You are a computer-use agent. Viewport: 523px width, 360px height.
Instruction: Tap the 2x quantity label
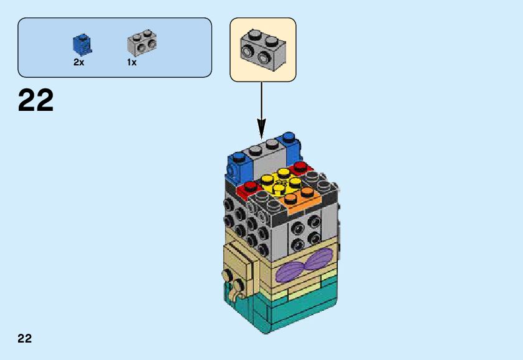pyautogui.click(x=79, y=62)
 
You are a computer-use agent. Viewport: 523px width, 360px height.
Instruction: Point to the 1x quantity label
pyautogui.click(x=132, y=62)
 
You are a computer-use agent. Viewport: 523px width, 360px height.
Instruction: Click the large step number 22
pyautogui.click(x=36, y=101)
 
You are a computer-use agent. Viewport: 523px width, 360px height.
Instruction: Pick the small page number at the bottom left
pyautogui.click(x=25, y=339)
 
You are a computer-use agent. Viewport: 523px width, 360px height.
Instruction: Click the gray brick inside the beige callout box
pyautogui.click(x=262, y=49)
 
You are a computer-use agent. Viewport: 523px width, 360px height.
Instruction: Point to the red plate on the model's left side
pyautogui.click(x=249, y=187)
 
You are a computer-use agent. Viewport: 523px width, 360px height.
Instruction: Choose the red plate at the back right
pyautogui.click(x=301, y=167)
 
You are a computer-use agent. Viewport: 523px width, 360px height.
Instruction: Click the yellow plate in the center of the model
pyautogui.click(x=279, y=182)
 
